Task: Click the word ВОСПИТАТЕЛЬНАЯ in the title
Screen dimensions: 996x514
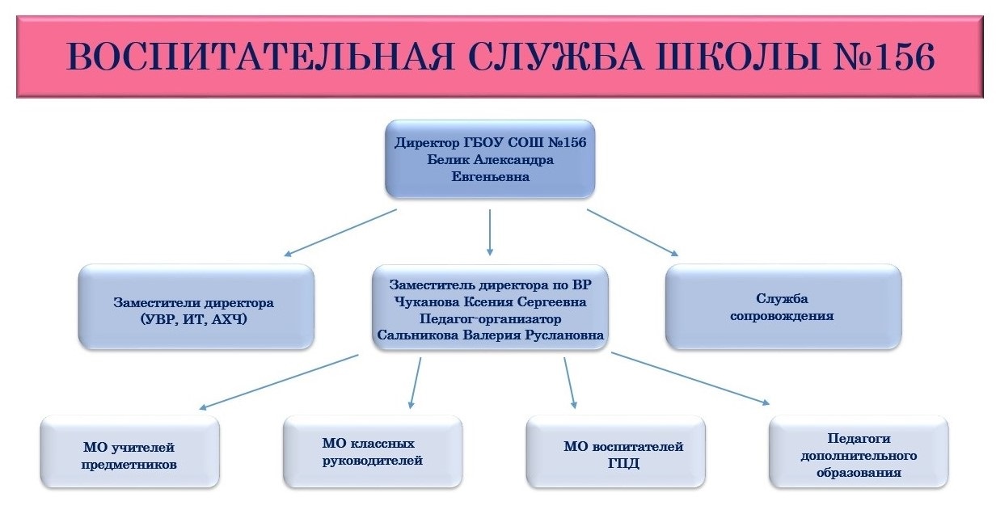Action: point(260,57)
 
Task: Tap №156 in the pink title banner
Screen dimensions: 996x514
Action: point(884,57)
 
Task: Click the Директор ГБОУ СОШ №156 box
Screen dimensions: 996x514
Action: point(490,158)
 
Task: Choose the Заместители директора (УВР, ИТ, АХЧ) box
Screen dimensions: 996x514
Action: point(196,306)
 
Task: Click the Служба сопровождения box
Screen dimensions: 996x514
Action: point(783,306)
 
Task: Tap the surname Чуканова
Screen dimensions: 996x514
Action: point(426,302)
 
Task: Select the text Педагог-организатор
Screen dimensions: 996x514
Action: point(491,318)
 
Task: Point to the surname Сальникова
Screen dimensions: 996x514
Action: point(417,335)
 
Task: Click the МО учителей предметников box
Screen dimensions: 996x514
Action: point(130,451)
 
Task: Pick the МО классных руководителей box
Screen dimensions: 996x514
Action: point(373,451)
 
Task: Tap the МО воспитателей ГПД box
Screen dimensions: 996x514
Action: point(616,451)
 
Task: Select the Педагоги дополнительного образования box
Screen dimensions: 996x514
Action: point(859,451)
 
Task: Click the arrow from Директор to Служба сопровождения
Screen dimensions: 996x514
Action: point(633,233)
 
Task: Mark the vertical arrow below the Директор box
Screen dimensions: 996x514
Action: point(490,232)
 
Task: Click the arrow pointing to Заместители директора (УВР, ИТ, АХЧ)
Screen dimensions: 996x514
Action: point(340,233)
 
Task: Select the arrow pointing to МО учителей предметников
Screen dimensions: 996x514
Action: point(278,382)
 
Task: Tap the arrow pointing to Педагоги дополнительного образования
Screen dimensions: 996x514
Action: point(690,379)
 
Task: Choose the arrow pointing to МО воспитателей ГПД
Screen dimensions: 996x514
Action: point(571,383)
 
